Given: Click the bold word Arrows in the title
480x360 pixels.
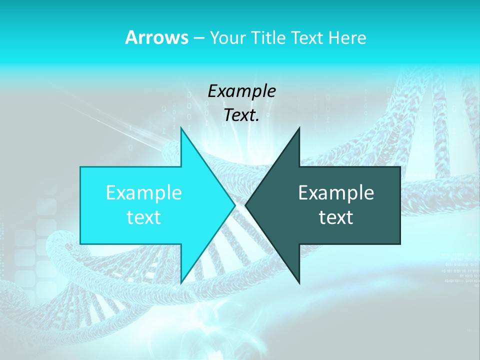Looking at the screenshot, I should click(156, 37).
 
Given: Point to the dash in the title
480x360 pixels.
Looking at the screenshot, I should click(199, 38).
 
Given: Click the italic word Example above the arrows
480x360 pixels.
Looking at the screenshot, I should click(241, 91).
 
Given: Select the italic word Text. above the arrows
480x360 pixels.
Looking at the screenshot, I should click(241, 115).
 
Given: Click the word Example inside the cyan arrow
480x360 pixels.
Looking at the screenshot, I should click(144, 192).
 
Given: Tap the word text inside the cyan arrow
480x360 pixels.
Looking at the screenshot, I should click(144, 217).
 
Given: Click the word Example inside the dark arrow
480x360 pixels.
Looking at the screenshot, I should click(336, 192).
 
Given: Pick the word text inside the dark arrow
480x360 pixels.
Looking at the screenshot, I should click(336, 217).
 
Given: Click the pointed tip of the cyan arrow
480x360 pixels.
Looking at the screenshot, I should click(234, 205).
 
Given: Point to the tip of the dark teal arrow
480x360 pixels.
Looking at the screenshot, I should click(245, 205).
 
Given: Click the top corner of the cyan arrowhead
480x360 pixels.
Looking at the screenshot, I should click(181, 127).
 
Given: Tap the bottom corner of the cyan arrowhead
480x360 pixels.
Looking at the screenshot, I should click(181, 283).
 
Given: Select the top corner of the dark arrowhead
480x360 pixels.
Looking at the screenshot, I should click(299, 127).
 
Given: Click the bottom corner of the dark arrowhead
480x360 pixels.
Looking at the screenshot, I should click(299, 283).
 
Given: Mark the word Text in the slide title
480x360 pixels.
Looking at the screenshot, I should click(307, 37).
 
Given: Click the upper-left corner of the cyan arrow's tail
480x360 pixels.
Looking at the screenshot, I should click(80, 167).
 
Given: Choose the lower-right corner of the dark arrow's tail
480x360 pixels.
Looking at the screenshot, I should click(400, 244).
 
